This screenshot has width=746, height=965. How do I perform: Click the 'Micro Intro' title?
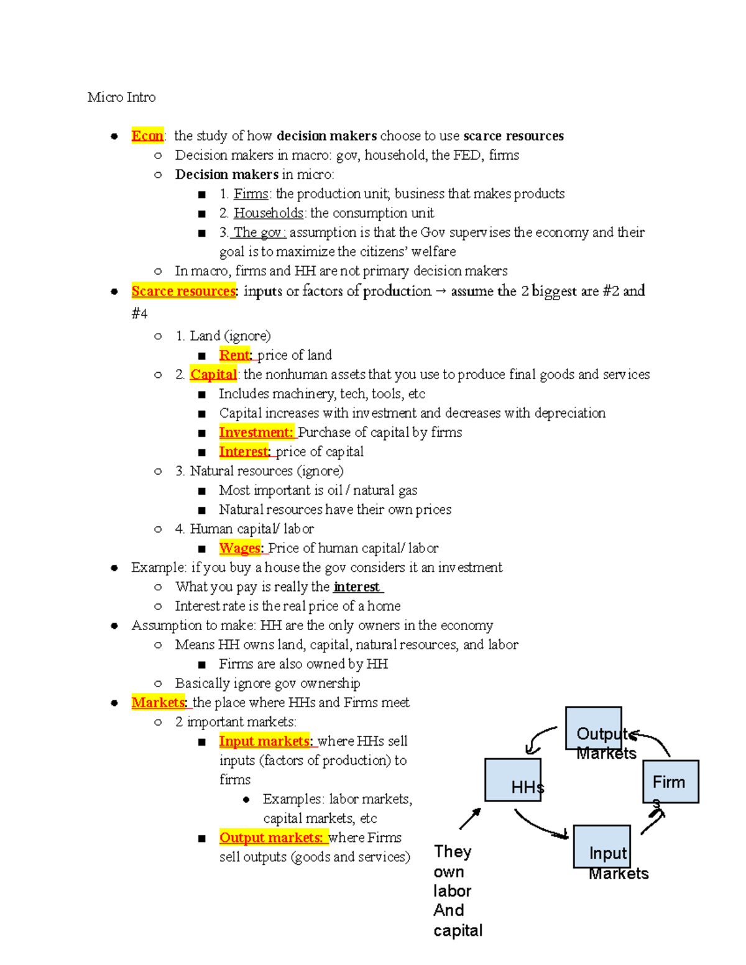[121, 98]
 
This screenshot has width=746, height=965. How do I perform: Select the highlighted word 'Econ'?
[147, 136]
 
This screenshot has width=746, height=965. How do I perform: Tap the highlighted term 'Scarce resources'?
[183, 291]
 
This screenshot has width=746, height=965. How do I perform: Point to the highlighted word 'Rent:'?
[235, 355]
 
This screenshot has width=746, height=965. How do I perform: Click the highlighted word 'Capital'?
[213, 374]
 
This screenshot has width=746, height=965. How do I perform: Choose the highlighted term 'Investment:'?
[256, 432]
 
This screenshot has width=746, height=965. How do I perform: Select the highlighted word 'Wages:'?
[241, 548]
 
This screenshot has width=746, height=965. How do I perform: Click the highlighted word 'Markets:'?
[159, 703]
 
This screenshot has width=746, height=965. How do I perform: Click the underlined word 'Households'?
[269, 213]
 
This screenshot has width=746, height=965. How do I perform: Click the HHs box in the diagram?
[513, 779]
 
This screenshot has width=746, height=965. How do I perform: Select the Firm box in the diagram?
[671, 781]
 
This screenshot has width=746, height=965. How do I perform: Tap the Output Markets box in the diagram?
[593, 728]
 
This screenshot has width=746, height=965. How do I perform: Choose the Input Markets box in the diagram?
[601, 846]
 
